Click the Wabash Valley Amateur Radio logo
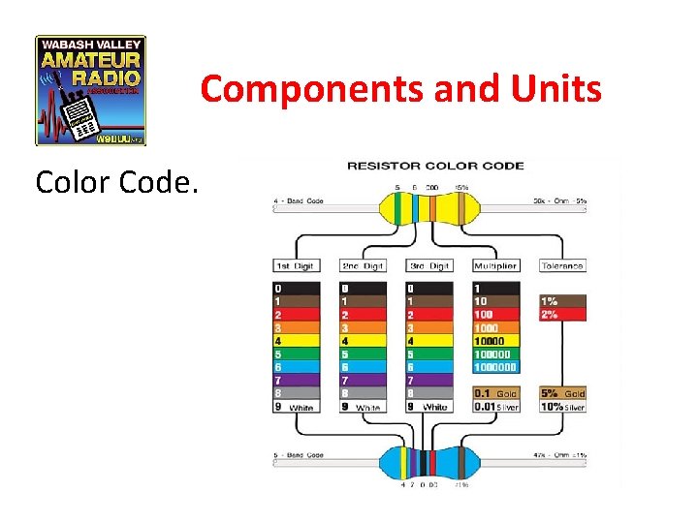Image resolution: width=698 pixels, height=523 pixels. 90,90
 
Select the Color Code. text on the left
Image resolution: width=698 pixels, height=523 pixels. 117,181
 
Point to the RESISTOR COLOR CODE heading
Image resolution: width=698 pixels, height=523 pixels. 435,166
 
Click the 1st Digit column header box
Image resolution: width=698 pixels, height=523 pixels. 297,265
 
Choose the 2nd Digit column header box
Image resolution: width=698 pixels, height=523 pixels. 363,265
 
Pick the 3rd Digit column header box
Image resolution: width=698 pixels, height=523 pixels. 429,265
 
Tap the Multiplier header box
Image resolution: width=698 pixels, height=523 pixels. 495,265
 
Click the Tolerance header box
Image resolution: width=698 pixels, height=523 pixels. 562,265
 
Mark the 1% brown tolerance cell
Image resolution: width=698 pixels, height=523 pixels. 562,301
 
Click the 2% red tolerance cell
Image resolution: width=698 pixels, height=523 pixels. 562,314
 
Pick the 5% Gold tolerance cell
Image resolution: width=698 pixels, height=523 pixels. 562,394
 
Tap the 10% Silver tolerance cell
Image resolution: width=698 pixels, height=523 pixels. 562,407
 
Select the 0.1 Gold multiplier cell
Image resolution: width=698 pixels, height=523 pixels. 495,394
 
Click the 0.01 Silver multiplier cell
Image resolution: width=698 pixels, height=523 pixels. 495,407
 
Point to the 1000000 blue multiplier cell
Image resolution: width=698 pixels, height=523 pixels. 495,367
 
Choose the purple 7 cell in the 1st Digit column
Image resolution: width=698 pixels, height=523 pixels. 297,381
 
